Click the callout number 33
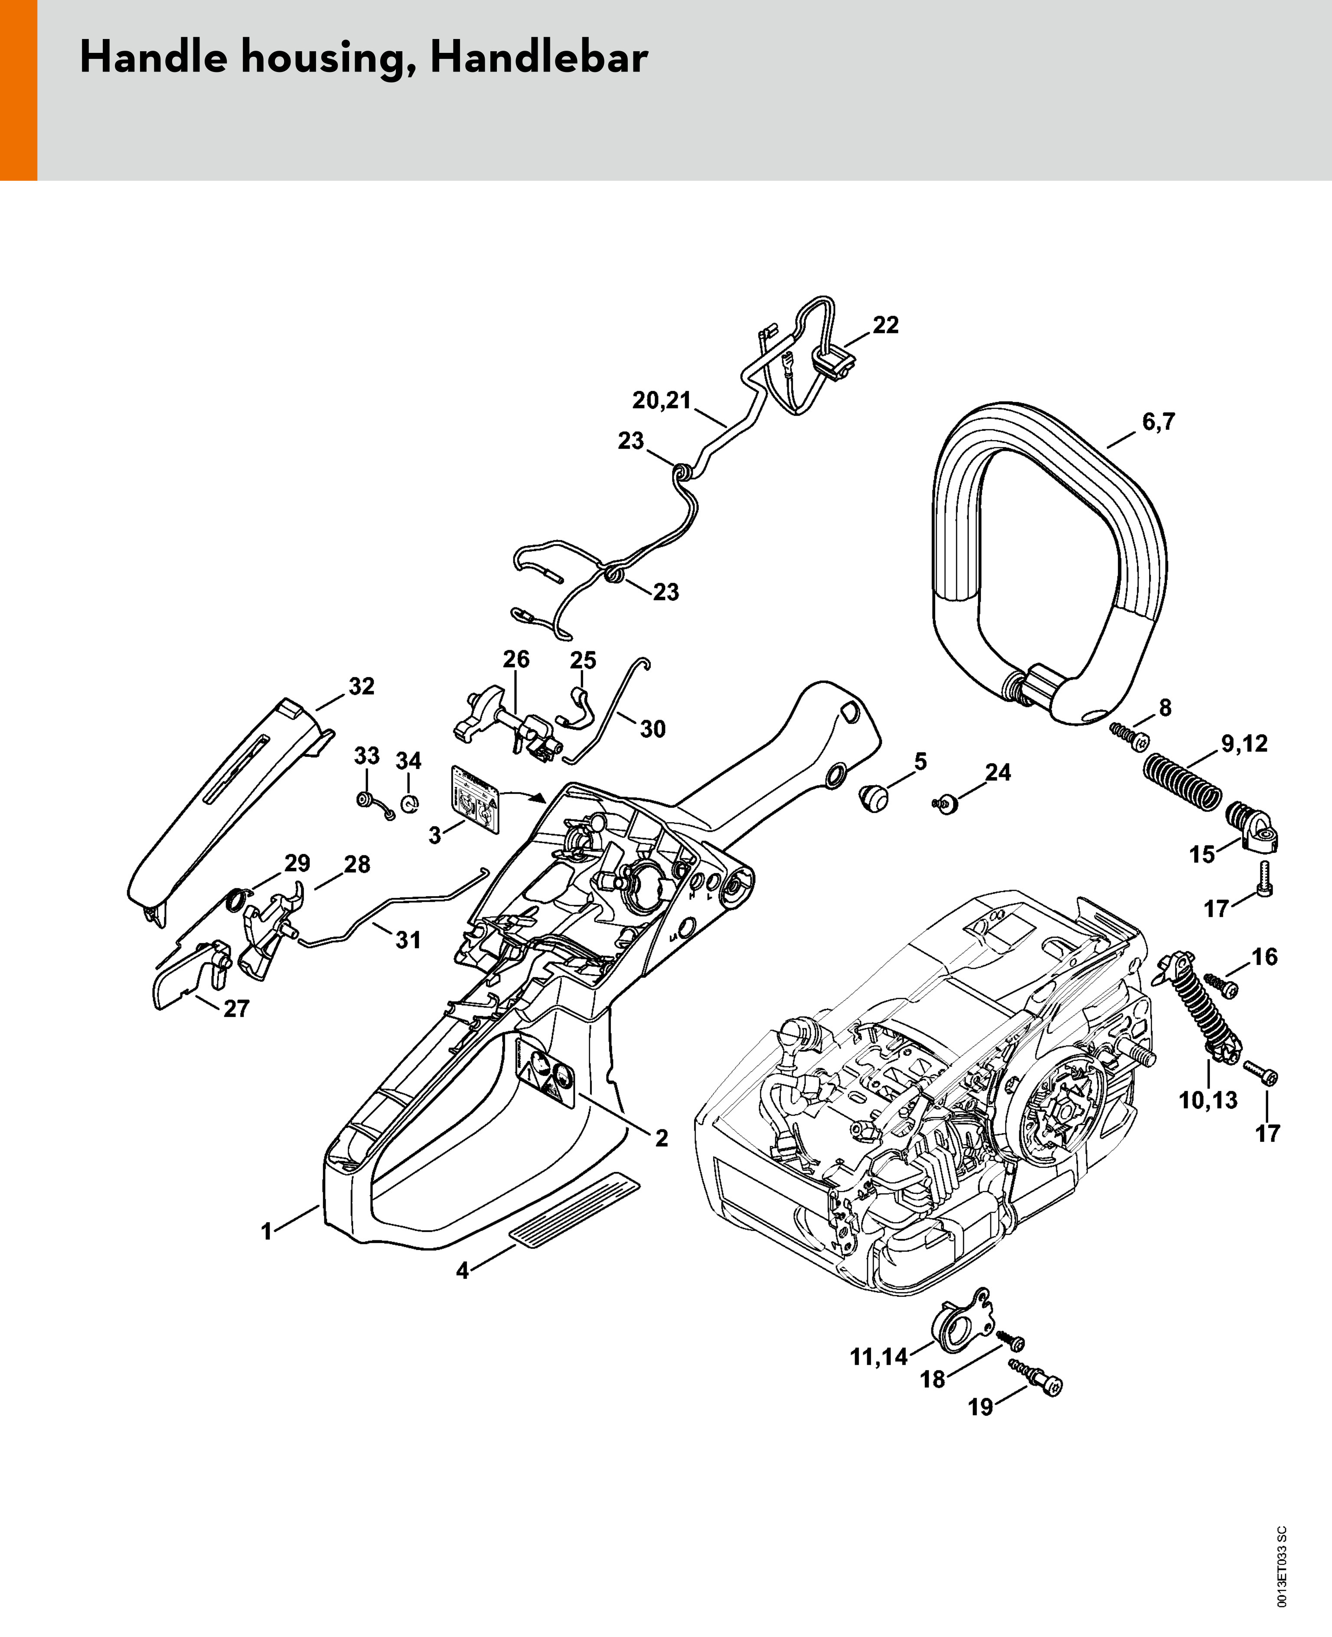pos(367,756)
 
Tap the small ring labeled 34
pos(410,804)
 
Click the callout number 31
pos(408,940)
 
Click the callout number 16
pos(1264,957)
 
